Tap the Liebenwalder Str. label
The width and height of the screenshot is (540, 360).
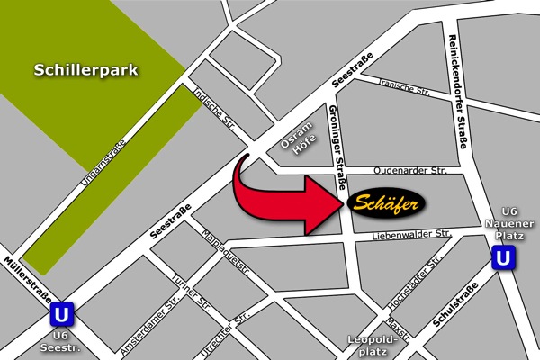(x=409, y=234)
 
